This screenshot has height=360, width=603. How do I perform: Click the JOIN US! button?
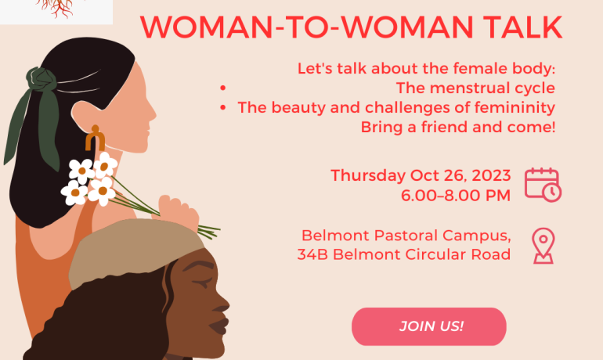(429, 326)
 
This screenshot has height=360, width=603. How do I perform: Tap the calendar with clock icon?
(543, 185)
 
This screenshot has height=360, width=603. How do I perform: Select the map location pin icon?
(543, 246)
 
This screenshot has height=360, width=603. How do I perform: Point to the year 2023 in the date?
(491, 175)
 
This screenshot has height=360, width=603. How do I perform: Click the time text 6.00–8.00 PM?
(456, 195)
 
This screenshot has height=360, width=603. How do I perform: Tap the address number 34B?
(312, 254)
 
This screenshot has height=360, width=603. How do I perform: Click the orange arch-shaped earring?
(95, 138)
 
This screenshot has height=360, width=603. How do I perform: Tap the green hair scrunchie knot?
(41, 79)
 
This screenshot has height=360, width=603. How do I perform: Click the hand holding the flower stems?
(178, 211)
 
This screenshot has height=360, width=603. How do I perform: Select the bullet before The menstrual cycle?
(222, 88)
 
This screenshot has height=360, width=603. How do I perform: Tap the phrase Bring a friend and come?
(458, 127)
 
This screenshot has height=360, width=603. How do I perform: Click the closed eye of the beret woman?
(202, 283)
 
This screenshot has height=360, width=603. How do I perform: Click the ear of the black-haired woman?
(87, 115)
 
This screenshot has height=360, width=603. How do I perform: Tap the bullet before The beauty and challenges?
(222, 107)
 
